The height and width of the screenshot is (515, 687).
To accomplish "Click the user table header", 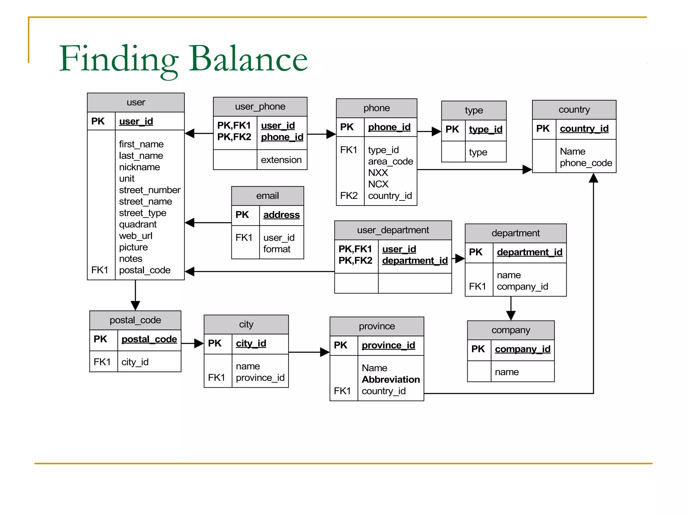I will pos(136,102).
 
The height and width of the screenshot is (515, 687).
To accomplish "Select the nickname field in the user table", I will pos(139,167).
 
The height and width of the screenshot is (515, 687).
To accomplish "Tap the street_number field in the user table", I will pos(150,190).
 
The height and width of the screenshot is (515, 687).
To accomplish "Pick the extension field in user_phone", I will pos(281,160).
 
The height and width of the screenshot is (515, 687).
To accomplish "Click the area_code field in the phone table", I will pos(390,161).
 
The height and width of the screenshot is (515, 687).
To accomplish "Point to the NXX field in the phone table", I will pos(378,173).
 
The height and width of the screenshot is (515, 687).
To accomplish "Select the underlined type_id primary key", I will pos(485,129).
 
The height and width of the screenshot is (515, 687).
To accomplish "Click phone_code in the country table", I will pos(586,163).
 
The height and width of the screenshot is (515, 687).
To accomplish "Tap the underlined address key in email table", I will pos(281,215).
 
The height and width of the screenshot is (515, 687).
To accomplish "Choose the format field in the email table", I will pos(277,249).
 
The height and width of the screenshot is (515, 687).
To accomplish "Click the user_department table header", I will pos(393,230).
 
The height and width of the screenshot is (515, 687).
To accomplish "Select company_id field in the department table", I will pos(522,286).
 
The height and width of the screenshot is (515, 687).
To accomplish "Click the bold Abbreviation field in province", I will pos(390,379).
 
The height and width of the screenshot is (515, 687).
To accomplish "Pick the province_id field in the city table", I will pos(260,378).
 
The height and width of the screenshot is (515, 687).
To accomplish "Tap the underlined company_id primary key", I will pos(522,349).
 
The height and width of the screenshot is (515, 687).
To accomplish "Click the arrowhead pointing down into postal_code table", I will pos(135,305).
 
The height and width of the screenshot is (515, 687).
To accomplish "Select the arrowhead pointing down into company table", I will pos(511,316).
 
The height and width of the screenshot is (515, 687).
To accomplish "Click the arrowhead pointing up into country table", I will pos(593,178).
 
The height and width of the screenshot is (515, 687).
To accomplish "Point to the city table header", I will pos(246,324).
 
